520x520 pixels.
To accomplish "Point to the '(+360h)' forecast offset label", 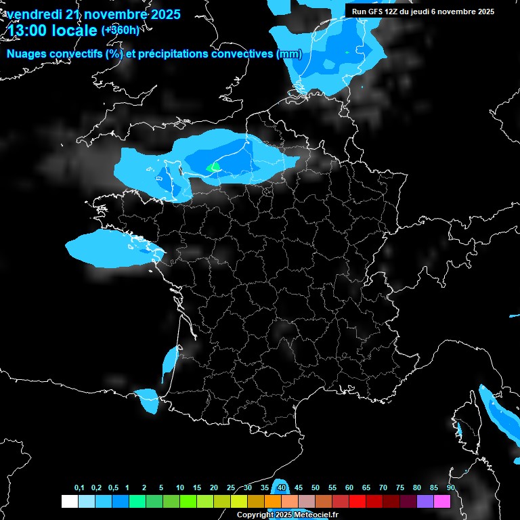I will point(120,30).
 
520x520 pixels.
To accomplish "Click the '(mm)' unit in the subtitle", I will point(289,53).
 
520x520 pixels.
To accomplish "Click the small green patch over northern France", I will point(214,166).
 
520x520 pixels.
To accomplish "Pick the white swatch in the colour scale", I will point(69,501).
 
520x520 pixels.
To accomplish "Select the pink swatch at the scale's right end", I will point(442,501).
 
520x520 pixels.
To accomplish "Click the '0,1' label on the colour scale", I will point(79,488).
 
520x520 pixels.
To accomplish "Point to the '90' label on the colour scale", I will point(451,488).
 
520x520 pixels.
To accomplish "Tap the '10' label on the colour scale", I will point(179,488).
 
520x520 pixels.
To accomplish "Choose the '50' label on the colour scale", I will point(316,488).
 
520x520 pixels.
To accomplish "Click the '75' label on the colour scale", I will point(400,488).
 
